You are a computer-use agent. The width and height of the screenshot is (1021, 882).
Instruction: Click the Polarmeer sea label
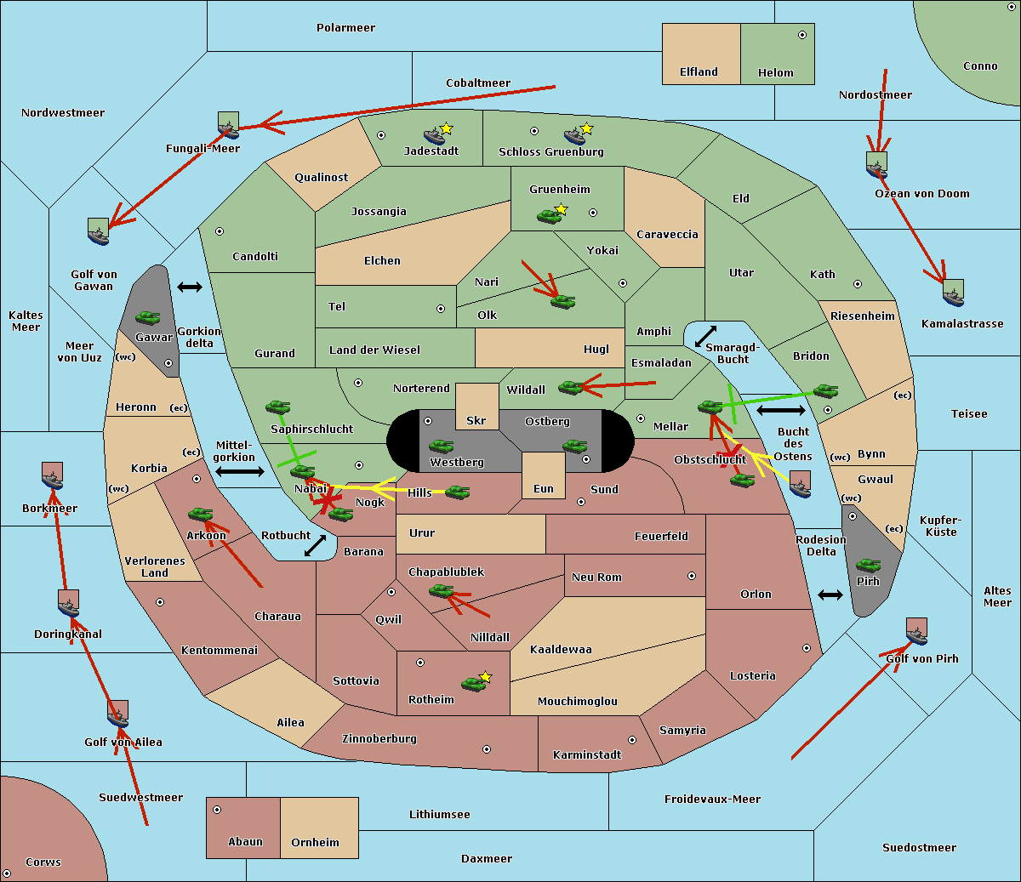tap(345, 28)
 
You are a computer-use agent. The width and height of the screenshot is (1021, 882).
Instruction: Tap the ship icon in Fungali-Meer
tap(228, 126)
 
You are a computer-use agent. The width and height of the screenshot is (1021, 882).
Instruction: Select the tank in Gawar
tap(147, 317)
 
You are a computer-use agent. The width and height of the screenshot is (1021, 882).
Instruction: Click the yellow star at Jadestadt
tap(447, 128)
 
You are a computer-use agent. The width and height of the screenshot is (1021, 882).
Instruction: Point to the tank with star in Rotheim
tap(475, 682)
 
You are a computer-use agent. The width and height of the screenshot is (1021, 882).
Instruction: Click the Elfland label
tap(699, 72)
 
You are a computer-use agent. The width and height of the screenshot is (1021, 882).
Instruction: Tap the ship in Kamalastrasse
tap(953, 293)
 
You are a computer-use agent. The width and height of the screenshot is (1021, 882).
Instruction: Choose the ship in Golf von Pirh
tap(916, 632)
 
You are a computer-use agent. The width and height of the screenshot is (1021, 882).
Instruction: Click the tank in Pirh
tap(868, 565)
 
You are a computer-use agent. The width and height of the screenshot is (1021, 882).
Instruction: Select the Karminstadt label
tap(587, 755)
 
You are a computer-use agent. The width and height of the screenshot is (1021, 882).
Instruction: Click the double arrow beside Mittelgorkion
tap(240, 472)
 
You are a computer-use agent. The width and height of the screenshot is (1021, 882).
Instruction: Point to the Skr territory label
tap(476, 420)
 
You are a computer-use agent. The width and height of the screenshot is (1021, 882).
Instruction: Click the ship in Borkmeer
tap(53, 476)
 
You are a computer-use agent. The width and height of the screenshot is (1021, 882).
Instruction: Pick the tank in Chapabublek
tap(442, 590)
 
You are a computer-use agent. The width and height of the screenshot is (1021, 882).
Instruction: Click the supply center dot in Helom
tap(801, 35)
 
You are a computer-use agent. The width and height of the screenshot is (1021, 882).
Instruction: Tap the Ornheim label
tap(315, 843)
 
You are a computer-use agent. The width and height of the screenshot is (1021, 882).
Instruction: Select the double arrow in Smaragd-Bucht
tap(705, 336)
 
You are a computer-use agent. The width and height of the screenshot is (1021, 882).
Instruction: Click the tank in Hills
tap(458, 492)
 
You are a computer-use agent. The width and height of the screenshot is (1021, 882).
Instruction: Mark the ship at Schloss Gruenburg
tap(575, 135)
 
